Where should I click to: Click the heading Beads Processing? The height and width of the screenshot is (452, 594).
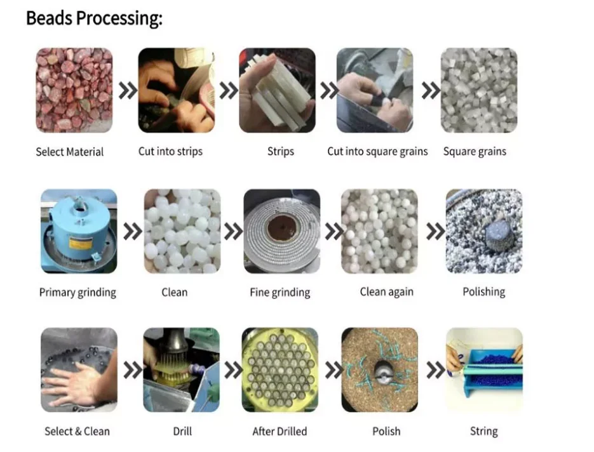[x=94, y=18]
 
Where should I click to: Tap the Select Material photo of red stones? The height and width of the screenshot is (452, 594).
[x=74, y=90]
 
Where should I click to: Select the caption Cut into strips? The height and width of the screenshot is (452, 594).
[x=171, y=152]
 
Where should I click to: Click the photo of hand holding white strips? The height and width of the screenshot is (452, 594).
[x=277, y=90]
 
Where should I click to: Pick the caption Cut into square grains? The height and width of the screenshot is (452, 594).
[x=377, y=152]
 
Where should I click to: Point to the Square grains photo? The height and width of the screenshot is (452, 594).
[x=479, y=90]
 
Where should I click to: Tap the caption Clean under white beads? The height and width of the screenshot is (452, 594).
[x=174, y=292]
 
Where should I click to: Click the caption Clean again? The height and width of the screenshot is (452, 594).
[x=386, y=292]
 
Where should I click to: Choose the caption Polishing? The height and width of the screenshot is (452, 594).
[x=483, y=292]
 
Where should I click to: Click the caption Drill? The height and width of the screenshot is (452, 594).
[x=182, y=432]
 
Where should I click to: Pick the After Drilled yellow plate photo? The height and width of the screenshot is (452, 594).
[x=280, y=370]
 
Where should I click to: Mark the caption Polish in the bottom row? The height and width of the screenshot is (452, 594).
[x=386, y=432]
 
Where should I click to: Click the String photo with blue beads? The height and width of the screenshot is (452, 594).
[x=484, y=370]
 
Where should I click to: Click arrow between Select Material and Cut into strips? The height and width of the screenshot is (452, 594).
[x=128, y=91]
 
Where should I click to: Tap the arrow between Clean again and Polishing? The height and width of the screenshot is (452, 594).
[x=435, y=232]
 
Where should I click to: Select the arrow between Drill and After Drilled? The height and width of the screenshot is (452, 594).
[x=233, y=370]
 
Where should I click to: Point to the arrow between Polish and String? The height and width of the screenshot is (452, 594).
[x=435, y=370]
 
